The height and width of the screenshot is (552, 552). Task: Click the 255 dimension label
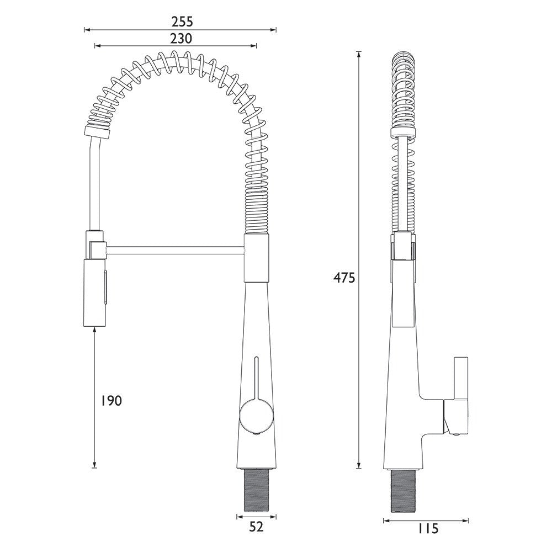point(182,22)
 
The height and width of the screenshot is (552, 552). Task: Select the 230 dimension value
point(181,39)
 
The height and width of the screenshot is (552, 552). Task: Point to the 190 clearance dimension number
point(112,401)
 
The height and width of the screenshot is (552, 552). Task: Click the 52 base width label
point(256,527)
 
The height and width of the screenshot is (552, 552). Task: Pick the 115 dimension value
point(428,528)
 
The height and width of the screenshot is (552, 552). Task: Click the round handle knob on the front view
point(256,416)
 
